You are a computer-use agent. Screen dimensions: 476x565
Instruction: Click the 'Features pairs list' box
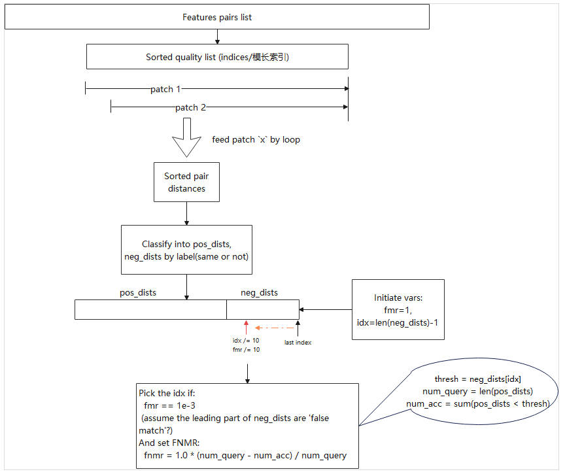tap(216, 17)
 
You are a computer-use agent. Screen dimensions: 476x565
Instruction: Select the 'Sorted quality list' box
tap(217, 57)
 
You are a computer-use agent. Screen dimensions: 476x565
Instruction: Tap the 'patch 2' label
tap(190, 107)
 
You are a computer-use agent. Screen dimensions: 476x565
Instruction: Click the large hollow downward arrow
tap(187, 138)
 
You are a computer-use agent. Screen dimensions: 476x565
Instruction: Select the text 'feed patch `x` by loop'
tap(256, 140)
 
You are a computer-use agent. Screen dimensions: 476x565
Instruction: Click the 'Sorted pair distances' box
tap(187, 182)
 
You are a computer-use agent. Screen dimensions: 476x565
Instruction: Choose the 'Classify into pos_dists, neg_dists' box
tap(187, 250)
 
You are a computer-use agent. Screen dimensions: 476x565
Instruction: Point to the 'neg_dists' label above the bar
tap(260, 292)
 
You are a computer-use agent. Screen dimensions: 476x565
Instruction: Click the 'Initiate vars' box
tap(398, 309)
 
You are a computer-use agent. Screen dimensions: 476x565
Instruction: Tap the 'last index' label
tap(298, 342)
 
